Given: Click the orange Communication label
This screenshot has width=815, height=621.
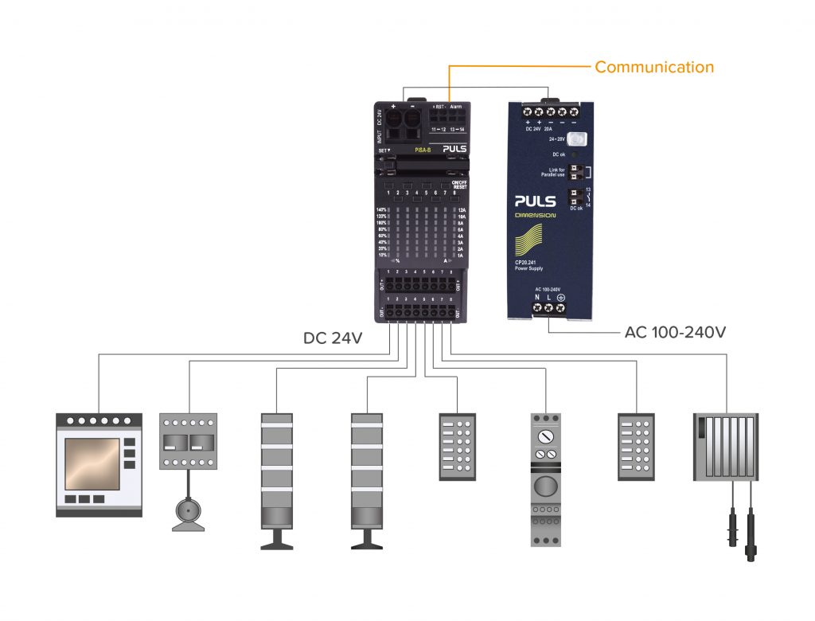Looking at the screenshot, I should pyautogui.click(x=654, y=67).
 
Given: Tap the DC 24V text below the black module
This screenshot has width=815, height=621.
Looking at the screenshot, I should pyautogui.click(x=333, y=338).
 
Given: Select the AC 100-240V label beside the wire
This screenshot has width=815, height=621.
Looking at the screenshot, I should pyautogui.click(x=675, y=332).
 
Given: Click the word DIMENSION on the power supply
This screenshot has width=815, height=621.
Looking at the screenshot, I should pyautogui.click(x=534, y=216).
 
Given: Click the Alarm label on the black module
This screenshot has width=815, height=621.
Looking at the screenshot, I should pyautogui.click(x=456, y=107).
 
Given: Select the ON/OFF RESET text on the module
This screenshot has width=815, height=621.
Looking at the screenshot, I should pyautogui.click(x=458, y=185).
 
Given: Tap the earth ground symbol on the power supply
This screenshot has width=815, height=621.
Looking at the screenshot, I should pyautogui.click(x=560, y=307).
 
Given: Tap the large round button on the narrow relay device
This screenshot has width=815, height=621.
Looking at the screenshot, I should pyautogui.click(x=545, y=486).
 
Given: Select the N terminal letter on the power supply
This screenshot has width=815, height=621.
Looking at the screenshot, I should pyautogui.click(x=536, y=297).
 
